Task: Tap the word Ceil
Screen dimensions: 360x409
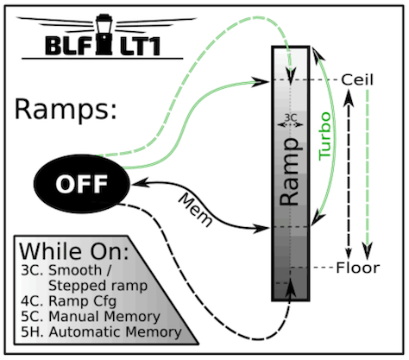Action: click(358, 79)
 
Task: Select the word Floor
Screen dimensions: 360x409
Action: click(358, 268)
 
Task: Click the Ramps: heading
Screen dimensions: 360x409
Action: click(64, 110)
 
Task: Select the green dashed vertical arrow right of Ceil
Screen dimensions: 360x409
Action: click(368, 173)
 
